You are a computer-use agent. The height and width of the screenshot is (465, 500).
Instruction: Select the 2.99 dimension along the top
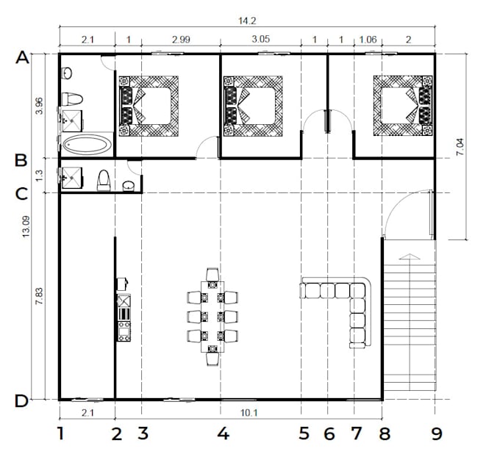(x=180, y=40)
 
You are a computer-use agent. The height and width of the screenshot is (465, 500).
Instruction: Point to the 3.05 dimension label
(x=260, y=40)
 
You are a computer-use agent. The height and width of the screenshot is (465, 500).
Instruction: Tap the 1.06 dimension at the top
(x=367, y=40)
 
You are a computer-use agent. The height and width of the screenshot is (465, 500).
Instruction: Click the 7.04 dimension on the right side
(x=460, y=147)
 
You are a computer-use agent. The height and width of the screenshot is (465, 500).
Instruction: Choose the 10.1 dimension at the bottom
(x=249, y=413)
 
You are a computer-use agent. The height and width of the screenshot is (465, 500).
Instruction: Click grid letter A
(x=22, y=57)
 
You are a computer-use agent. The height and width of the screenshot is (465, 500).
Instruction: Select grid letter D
(x=22, y=401)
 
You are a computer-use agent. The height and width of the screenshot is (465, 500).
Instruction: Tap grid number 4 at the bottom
(x=223, y=434)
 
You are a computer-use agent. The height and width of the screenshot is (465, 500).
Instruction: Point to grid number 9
(x=437, y=434)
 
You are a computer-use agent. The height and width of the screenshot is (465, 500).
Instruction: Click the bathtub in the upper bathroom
(x=87, y=144)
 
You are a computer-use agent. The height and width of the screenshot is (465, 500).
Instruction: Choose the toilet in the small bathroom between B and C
(x=104, y=179)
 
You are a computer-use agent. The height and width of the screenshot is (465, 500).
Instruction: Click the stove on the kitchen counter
(x=124, y=326)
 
